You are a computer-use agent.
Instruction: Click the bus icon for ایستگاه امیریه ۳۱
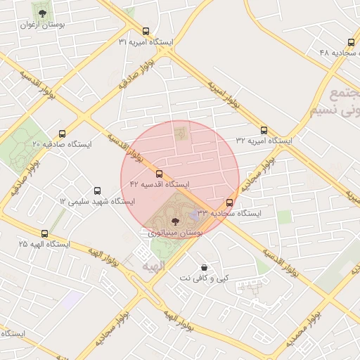[x=146, y=31]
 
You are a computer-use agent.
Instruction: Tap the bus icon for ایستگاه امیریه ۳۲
[x=264, y=130]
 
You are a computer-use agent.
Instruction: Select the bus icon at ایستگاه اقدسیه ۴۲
[x=159, y=173]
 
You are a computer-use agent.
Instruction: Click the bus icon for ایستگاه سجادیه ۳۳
[x=229, y=202]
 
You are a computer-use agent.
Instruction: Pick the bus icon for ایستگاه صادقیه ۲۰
[x=62, y=134]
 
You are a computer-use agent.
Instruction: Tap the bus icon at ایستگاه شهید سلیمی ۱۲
[x=97, y=191]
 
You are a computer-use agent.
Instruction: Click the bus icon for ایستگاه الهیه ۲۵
[x=45, y=233]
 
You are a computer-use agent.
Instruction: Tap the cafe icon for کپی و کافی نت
[x=204, y=268]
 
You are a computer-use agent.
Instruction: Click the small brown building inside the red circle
[x=181, y=131]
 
